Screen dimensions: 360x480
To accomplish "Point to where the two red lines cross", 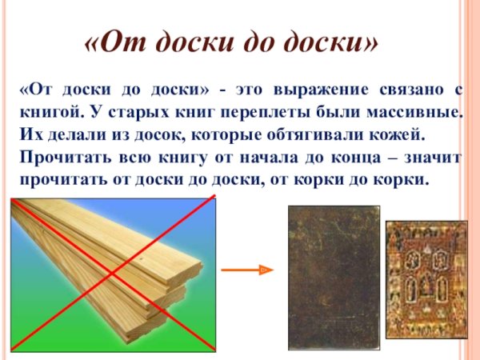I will (x=114, y=273).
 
